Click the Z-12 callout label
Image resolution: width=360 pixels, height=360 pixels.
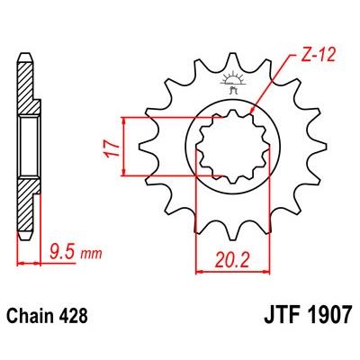(x=317, y=56)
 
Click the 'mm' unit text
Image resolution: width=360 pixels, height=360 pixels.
(x=92, y=255)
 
